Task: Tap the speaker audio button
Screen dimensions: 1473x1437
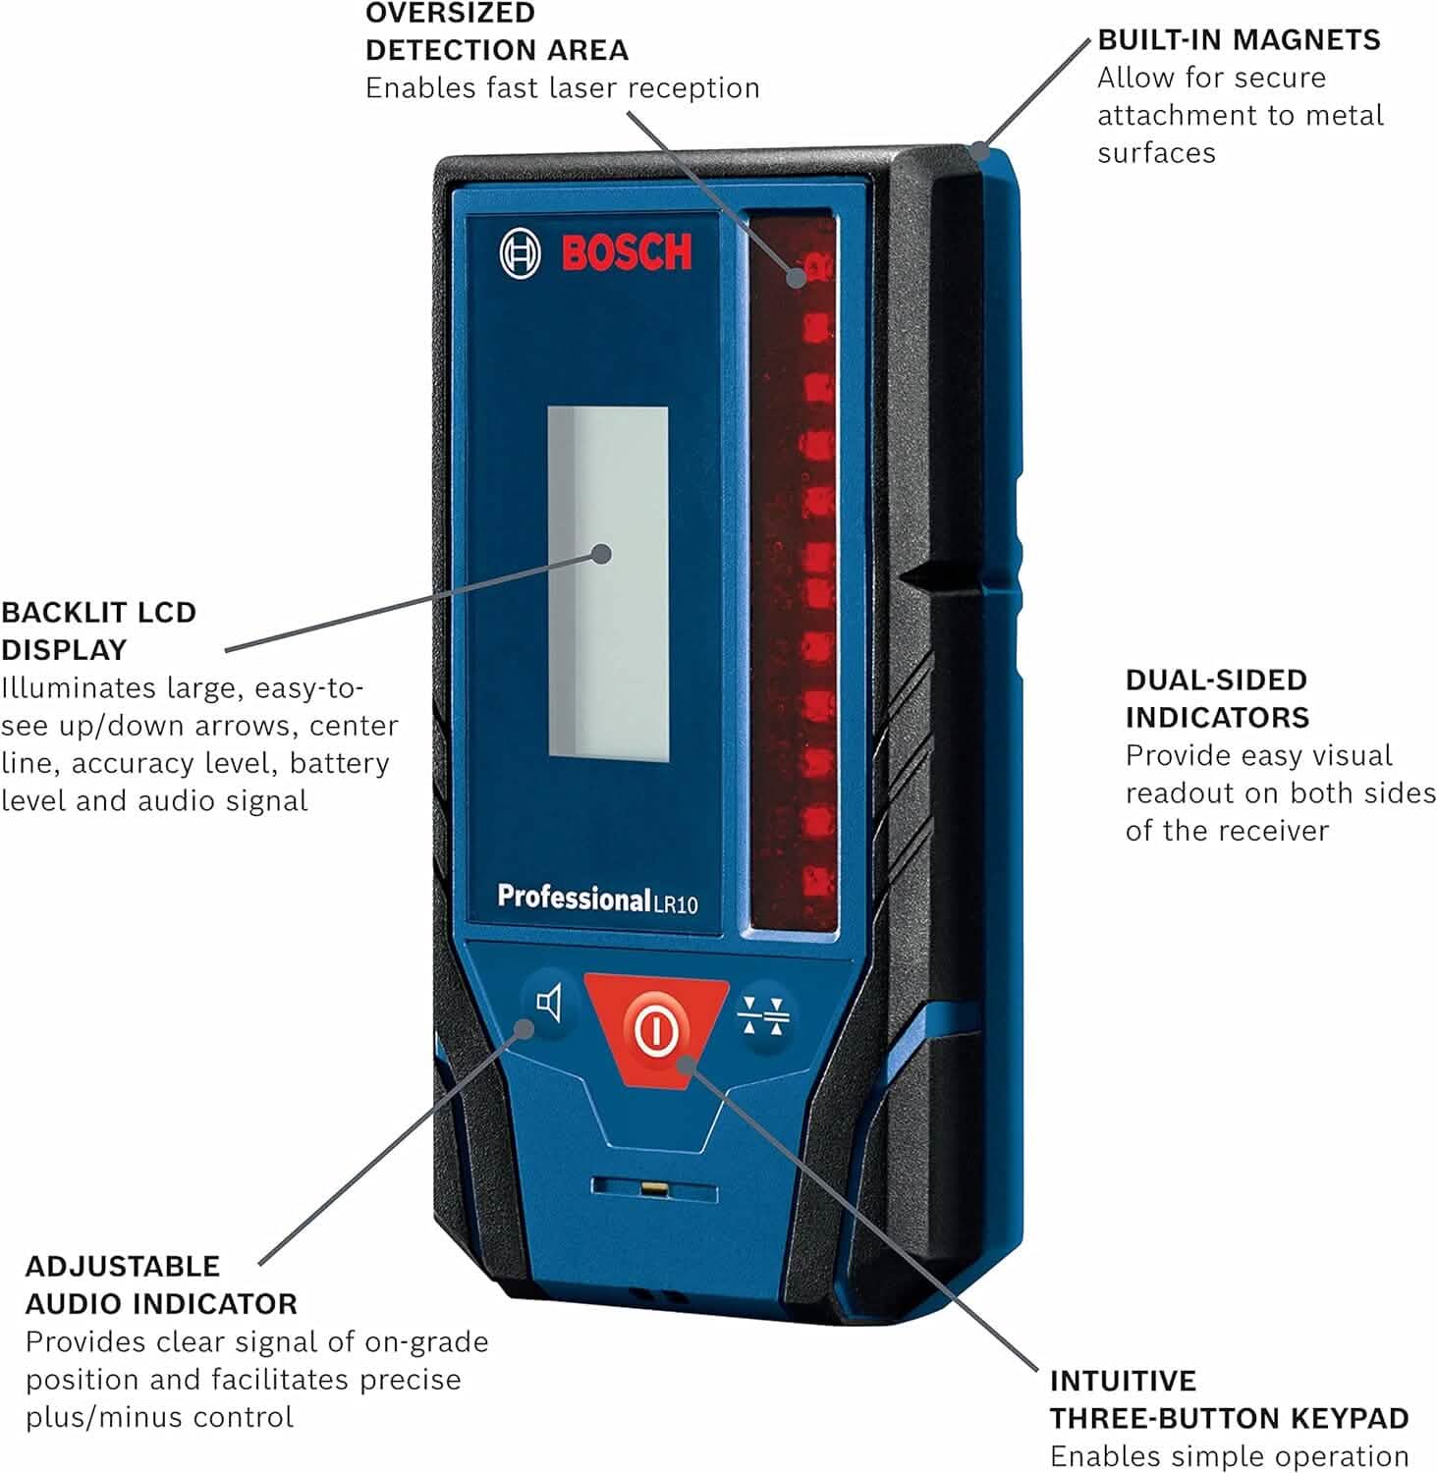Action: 548,1003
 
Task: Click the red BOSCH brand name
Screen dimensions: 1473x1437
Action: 627,252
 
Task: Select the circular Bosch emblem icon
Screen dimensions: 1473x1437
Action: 521,253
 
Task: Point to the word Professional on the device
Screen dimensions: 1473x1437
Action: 574,897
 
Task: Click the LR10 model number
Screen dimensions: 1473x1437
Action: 677,902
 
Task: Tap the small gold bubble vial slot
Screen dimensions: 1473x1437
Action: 653,1190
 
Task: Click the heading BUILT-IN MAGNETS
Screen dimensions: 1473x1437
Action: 1239,39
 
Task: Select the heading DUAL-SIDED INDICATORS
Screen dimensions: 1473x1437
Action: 1217,698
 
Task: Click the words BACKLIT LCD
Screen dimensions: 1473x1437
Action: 98,612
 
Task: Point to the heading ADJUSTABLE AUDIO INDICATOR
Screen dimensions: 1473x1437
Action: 161,1284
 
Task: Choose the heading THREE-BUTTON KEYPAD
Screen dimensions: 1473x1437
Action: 1229,1418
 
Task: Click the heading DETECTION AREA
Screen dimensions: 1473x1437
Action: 496,49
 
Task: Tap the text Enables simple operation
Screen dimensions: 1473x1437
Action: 1229,1455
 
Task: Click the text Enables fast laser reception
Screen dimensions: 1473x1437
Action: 562,87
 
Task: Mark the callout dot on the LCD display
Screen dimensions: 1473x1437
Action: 602,554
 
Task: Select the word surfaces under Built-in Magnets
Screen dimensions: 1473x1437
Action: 1156,152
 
